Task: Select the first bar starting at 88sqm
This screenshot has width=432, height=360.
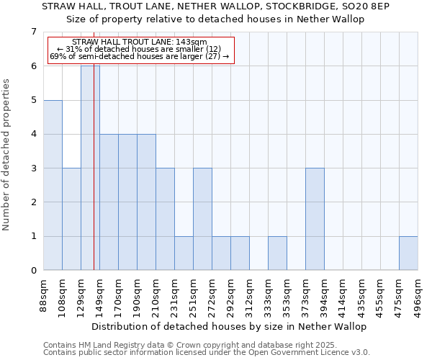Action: (53, 185)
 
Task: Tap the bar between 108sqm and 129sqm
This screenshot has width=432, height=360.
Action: (71, 219)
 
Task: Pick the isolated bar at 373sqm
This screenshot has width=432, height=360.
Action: (315, 219)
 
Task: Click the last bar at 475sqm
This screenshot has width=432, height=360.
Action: (408, 253)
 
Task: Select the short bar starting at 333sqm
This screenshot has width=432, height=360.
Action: (277, 253)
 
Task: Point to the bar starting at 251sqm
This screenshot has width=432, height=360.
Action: (202, 219)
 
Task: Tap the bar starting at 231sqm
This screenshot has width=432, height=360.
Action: (184, 253)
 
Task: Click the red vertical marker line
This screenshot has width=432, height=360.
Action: (94, 180)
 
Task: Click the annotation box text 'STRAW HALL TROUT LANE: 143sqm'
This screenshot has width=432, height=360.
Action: (140, 42)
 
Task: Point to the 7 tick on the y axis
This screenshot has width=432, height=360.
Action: (33, 32)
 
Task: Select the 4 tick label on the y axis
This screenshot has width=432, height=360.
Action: (33, 134)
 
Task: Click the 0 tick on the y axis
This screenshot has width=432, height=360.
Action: (33, 271)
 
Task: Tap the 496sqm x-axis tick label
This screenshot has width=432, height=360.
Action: (418, 295)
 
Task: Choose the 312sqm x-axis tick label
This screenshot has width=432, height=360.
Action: (250, 295)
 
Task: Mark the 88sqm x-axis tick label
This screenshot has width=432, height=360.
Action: (44, 295)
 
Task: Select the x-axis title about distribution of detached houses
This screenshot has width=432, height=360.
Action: (230, 326)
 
